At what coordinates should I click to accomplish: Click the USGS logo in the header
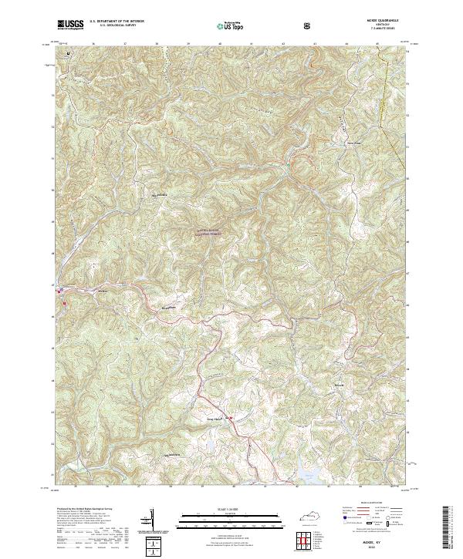tap(70, 25)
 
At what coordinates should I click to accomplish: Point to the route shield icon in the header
tap(309, 25)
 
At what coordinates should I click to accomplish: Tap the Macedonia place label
tap(163, 196)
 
